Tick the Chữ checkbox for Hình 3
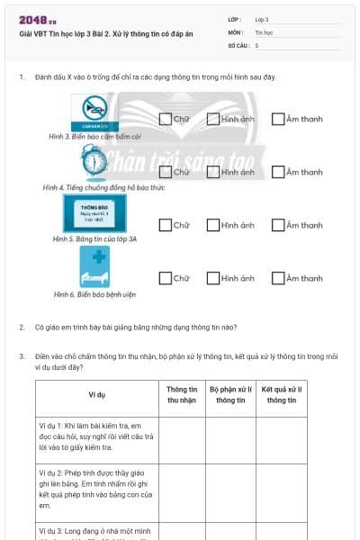(x=165, y=119)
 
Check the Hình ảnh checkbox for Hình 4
(x=212, y=172)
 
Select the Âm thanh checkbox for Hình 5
(x=278, y=225)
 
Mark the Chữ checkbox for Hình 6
(x=165, y=278)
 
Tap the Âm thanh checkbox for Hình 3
(x=278, y=119)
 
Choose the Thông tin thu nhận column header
(x=183, y=394)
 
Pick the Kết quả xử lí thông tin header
(x=281, y=394)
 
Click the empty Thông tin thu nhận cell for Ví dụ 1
(x=183, y=436)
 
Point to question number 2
(x=22, y=328)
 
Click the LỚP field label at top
(x=236, y=18)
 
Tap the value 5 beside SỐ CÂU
(x=257, y=44)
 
